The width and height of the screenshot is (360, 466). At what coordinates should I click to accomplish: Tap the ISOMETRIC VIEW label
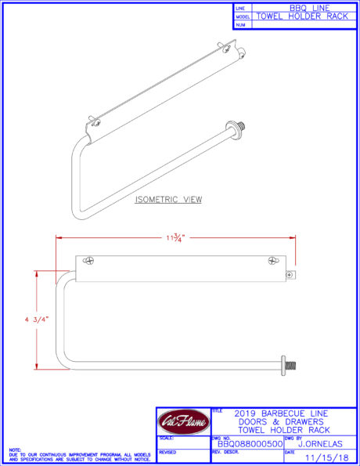pos(168,200)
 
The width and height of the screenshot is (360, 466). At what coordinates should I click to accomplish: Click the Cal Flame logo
pos(183,423)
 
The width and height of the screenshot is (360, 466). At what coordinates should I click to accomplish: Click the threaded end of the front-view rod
pos(291,366)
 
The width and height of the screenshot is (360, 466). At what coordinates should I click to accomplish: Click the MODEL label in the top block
pos(243,16)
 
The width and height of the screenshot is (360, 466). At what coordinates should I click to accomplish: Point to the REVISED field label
pos(167,452)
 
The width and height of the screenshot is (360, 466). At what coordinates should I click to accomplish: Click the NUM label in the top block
pos(240,24)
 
